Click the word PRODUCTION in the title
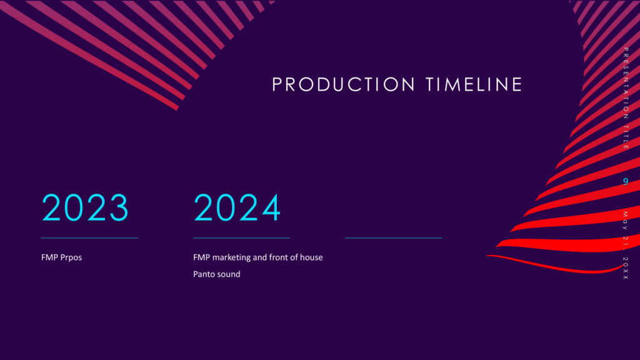tap(338, 84)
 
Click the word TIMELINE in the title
tap(474, 84)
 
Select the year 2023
tap(85, 207)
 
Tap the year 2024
tap(237, 207)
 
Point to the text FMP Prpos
tap(62, 257)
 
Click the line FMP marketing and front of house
tap(258, 257)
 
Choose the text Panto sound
tap(217, 274)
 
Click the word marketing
tap(231, 257)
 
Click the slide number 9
tap(626, 181)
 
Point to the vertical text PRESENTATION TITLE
tap(626, 98)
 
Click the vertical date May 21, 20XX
tap(626, 245)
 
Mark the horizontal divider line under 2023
tap(89, 237)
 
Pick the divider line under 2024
tap(242, 237)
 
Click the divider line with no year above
tap(394, 237)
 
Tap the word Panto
tap(204, 274)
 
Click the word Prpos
tap(71, 258)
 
